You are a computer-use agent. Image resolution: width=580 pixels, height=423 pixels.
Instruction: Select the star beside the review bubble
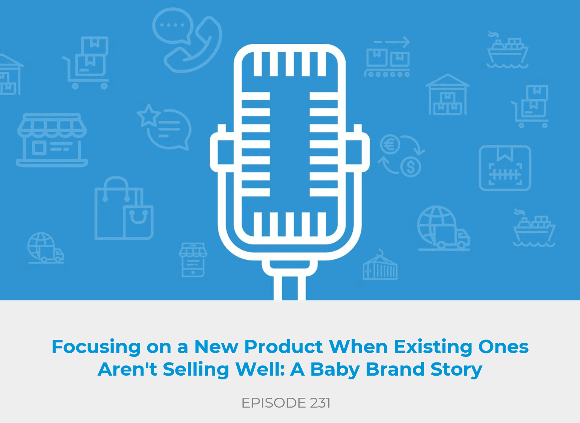point(148,116)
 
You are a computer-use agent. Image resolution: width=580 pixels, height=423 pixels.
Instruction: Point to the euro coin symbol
point(390,144)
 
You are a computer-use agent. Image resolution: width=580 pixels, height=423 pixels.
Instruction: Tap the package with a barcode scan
point(505,168)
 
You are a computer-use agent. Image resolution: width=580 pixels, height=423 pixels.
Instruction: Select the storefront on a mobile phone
point(193,260)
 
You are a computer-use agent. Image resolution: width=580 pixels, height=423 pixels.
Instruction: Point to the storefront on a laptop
point(52,140)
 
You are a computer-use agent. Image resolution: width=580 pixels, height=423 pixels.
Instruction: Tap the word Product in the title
point(284,346)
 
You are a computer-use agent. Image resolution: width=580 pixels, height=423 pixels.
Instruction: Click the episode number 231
point(320,403)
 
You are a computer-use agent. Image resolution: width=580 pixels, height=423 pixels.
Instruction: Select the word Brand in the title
point(395,369)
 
